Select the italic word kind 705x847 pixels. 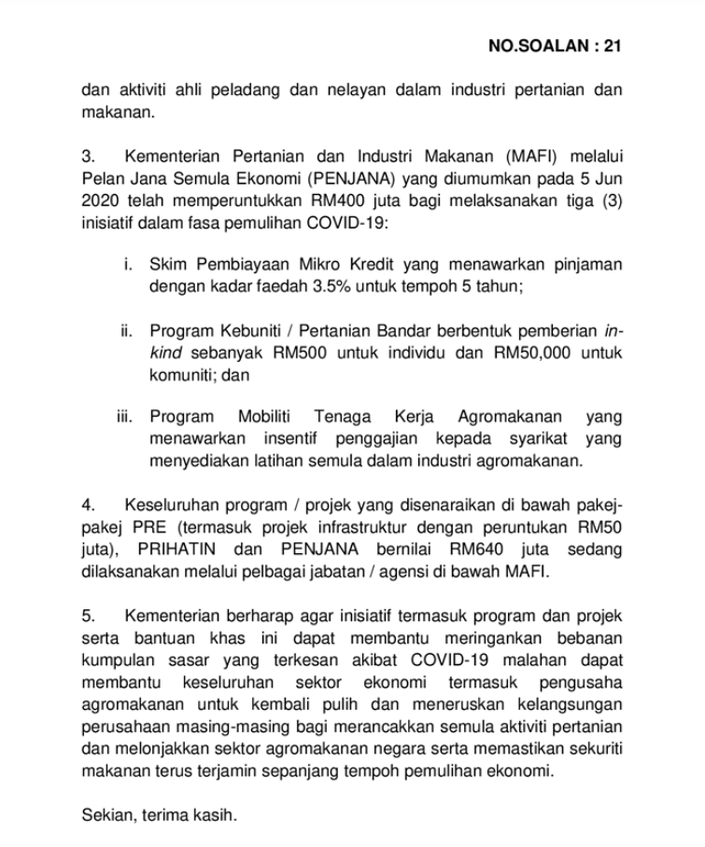coord(168,354)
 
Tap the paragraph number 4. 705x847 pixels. coord(88,505)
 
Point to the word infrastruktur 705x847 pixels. coord(344,526)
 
